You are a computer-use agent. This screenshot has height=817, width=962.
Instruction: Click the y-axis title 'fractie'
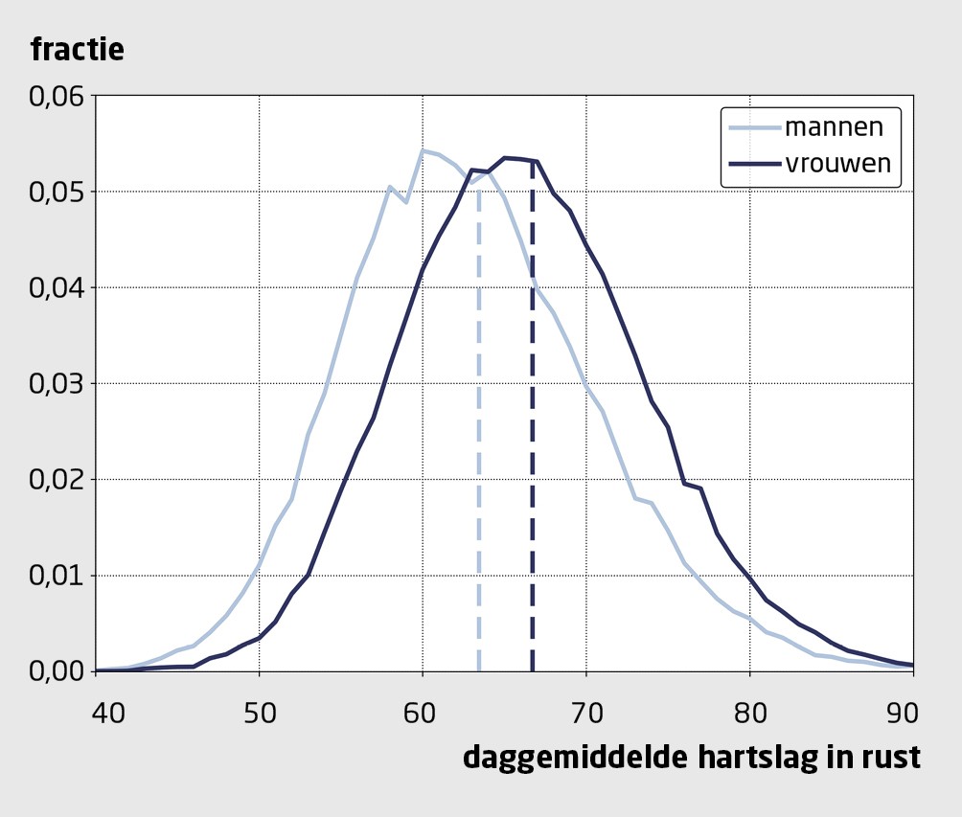click(78, 49)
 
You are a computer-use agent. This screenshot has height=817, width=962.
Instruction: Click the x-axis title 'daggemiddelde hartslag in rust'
click(692, 757)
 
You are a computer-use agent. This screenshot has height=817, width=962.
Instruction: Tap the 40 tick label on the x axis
click(96, 713)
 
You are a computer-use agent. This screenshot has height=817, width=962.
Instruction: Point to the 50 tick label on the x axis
click(259, 713)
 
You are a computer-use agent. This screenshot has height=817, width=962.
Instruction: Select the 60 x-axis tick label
click(423, 713)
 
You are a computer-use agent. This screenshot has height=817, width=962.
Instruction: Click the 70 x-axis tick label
click(586, 713)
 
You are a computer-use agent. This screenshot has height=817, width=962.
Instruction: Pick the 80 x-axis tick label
click(749, 713)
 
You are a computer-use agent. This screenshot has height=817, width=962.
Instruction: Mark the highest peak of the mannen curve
click(423, 150)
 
